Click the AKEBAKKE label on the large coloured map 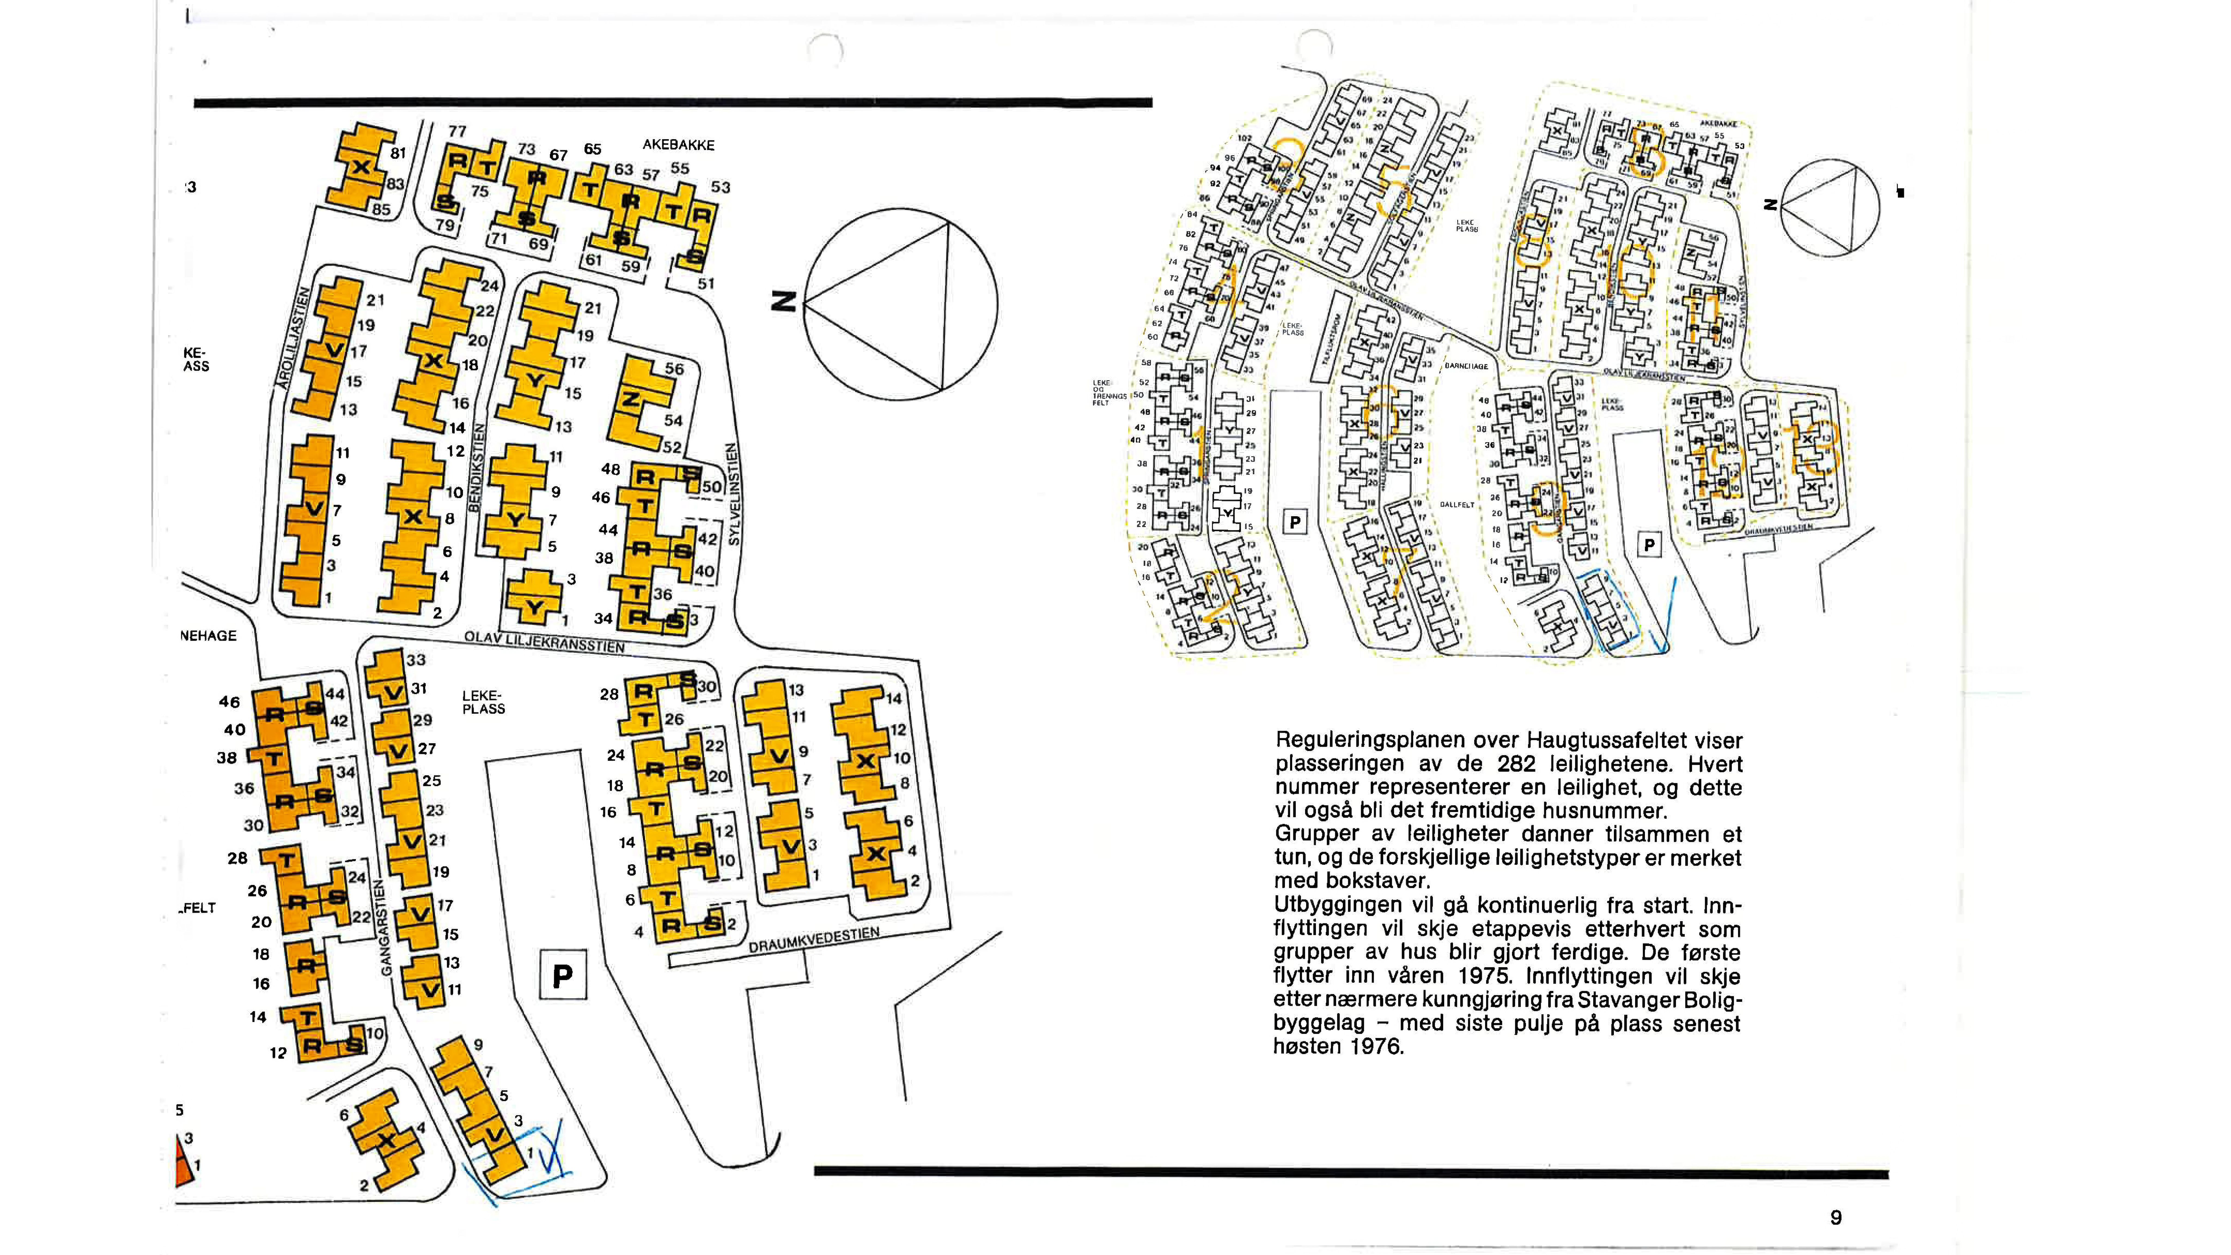[x=678, y=145]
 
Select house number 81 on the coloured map [x=398, y=153]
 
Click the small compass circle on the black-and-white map [x=1830, y=208]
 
